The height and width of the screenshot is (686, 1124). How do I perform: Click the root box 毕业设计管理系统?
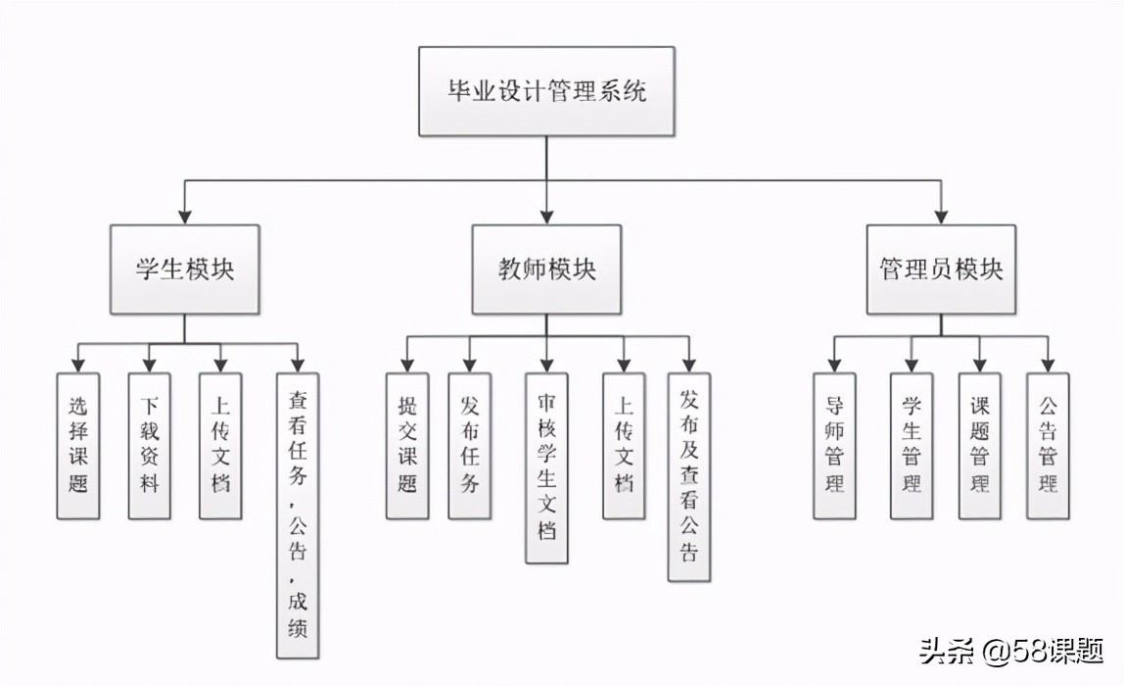click(x=546, y=92)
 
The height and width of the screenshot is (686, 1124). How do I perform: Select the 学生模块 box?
click(x=184, y=269)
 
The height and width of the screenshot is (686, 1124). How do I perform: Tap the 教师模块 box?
click(x=546, y=269)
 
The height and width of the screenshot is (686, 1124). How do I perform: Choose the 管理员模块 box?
click(x=941, y=269)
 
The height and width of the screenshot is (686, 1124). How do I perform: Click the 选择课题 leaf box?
click(x=78, y=445)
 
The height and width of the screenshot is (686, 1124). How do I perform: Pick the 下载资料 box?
click(x=149, y=445)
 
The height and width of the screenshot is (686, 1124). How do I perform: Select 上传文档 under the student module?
click(x=220, y=445)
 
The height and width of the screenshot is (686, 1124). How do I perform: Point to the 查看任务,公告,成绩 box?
click(x=298, y=514)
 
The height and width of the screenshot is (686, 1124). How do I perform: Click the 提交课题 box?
click(x=407, y=445)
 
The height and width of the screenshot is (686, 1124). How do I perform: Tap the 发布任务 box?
click(x=469, y=445)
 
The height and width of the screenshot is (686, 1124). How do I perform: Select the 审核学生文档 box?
click(x=546, y=468)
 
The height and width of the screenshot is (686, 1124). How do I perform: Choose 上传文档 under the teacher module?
click(x=624, y=445)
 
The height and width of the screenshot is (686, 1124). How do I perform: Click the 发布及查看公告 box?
click(x=689, y=476)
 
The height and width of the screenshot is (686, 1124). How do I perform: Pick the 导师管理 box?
click(x=834, y=445)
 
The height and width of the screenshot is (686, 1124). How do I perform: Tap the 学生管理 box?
click(x=912, y=445)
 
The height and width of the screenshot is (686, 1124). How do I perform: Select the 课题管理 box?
click(x=979, y=445)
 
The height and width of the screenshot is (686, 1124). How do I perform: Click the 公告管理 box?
click(x=1048, y=445)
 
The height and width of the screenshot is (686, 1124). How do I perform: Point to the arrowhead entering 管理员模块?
click(x=941, y=218)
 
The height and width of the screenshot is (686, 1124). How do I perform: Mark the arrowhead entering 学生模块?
click(x=184, y=218)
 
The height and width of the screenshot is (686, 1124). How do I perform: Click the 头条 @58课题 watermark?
click(x=1009, y=651)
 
